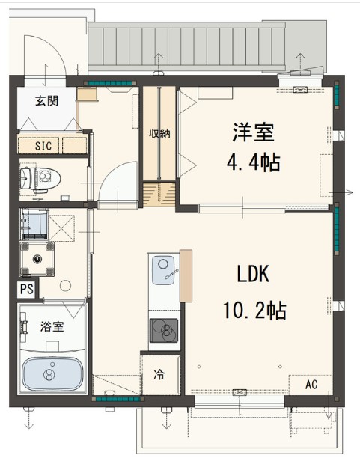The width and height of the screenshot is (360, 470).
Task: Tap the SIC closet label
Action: click(x=43, y=145)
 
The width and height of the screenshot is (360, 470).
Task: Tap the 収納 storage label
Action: click(x=159, y=134)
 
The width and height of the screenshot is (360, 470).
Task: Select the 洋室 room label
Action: click(x=252, y=132)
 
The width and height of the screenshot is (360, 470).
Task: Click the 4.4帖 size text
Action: click(x=252, y=162)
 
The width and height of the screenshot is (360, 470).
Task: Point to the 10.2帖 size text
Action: click(x=254, y=309)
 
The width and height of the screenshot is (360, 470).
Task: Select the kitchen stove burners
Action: click(x=164, y=328)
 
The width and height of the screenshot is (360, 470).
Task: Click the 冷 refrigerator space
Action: click(x=159, y=373)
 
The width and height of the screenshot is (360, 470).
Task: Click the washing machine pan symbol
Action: click(x=37, y=257)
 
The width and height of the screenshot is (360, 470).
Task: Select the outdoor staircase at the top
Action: click(x=187, y=46)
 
